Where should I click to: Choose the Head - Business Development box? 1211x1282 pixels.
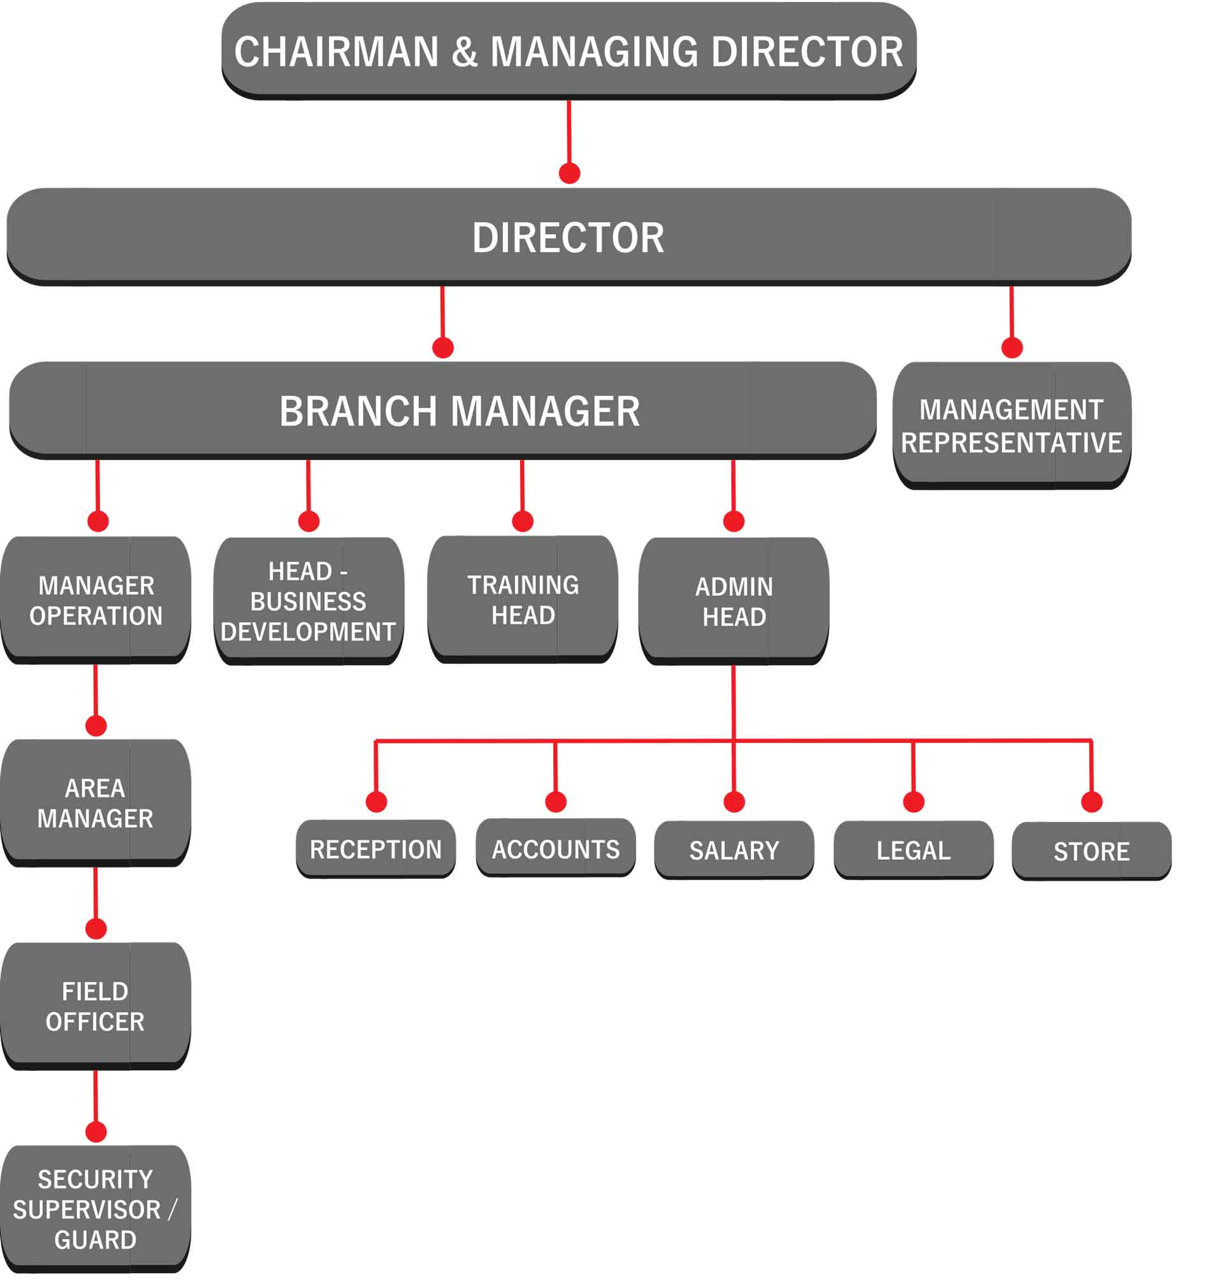(x=308, y=601)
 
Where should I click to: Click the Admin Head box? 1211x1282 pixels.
(x=734, y=601)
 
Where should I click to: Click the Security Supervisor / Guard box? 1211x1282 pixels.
(x=96, y=1209)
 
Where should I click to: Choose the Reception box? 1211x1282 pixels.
(x=375, y=849)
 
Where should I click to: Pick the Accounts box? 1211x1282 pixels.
(x=556, y=849)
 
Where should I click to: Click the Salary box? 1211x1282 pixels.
(x=734, y=850)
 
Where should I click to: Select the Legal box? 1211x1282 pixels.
(x=913, y=850)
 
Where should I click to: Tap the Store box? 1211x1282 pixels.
(x=1092, y=851)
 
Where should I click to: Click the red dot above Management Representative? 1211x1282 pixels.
(x=1012, y=348)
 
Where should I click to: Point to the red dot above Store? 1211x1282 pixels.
(x=1092, y=802)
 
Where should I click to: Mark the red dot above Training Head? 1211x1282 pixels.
(x=523, y=521)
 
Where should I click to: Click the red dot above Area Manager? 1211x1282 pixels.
(x=96, y=726)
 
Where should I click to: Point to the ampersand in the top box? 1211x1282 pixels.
(x=465, y=52)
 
